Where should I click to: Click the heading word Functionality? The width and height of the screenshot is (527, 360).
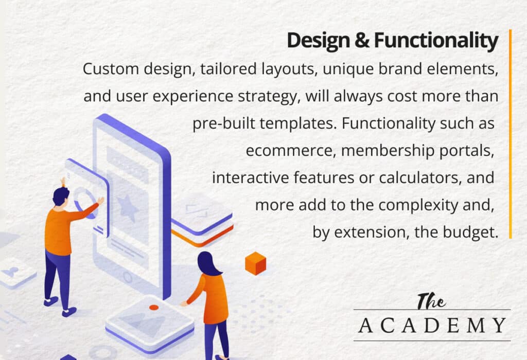(436, 41)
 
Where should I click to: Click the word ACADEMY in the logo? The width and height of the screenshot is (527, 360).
(432, 325)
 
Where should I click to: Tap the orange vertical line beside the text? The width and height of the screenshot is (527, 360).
(510, 134)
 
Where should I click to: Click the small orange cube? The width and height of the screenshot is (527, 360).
(255, 263)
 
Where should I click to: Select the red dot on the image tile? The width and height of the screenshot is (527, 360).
(153, 307)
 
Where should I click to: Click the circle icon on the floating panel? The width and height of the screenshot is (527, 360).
(84, 202)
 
